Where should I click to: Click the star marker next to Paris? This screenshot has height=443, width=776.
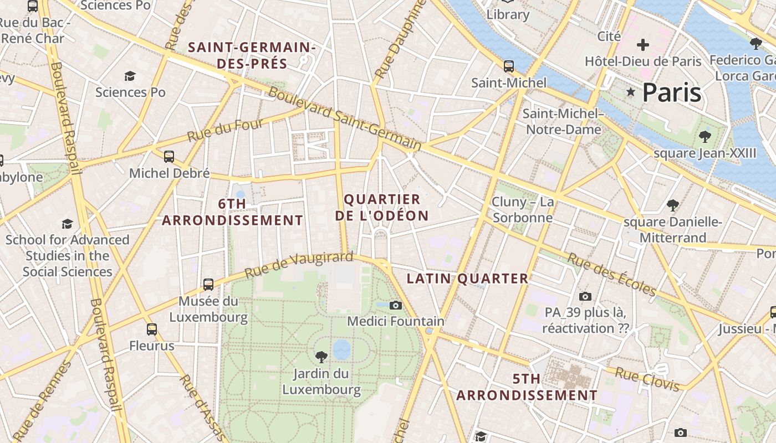[630, 92]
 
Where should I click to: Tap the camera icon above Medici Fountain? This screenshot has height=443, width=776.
[395, 305]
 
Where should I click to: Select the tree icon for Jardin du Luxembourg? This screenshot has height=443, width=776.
[321, 357]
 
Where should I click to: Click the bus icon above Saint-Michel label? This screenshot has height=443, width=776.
[509, 66]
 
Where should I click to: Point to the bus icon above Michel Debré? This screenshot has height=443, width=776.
[169, 157]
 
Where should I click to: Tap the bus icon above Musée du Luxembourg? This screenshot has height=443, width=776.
[208, 285]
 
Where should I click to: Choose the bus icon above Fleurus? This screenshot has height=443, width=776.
[152, 329]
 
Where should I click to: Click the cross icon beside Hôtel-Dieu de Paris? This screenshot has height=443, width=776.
[643, 45]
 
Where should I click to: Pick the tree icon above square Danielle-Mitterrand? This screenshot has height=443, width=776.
[673, 206]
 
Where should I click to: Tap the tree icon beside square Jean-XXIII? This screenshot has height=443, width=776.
[705, 136]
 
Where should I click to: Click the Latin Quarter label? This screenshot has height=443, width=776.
[468, 279]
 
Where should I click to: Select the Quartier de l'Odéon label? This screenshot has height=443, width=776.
[382, 208]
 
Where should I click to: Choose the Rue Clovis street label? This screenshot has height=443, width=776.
[647, 379]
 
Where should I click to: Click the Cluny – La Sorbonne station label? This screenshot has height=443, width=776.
[523, 210]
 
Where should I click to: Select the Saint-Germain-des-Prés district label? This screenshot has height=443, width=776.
[252, 55]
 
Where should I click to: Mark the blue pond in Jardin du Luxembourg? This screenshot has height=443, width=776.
[341, 349]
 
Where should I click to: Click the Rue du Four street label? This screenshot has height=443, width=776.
[224, 130]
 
